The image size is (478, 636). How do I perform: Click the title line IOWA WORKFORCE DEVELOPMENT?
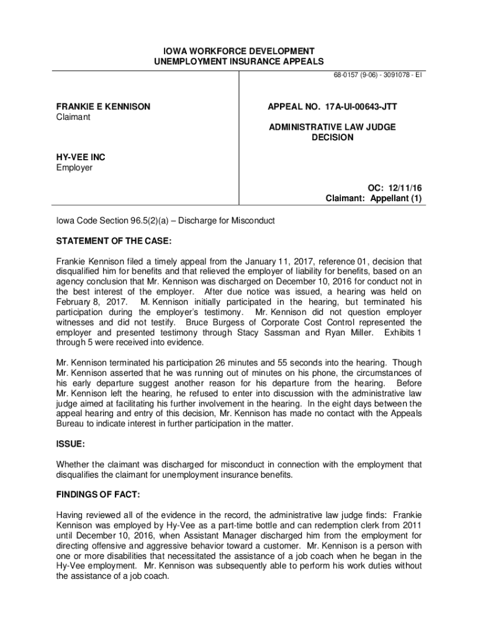point(239,51)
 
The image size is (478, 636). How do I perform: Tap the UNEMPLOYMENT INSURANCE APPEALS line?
point(239,61)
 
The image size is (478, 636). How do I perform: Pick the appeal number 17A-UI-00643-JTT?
point(332,107)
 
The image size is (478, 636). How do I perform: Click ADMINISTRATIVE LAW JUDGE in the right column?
point(332,127)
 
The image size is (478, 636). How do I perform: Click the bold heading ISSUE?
point(70,444)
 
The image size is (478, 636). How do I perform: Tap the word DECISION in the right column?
point(332,137)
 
